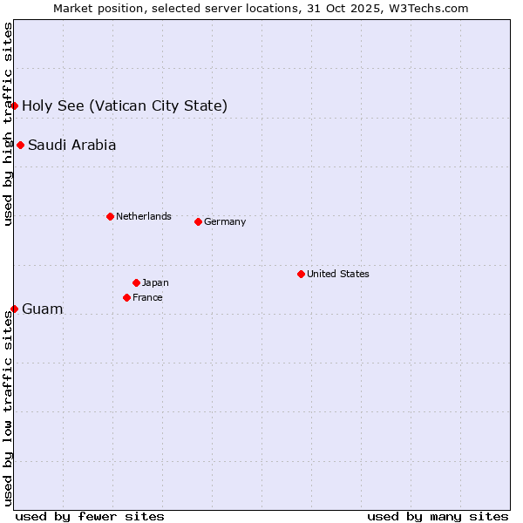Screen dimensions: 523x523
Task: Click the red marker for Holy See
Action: point(15,106)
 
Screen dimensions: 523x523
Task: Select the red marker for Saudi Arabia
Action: point(20,145)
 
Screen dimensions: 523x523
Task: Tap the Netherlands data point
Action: point(110,216)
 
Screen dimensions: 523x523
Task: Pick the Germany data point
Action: point(198,221)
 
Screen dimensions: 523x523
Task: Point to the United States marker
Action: point(301,274)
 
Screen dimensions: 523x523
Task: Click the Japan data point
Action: point(136,282)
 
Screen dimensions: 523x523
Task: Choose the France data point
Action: point(126,297)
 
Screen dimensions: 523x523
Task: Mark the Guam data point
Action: point(15,309)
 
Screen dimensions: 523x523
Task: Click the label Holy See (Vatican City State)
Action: point(125,106)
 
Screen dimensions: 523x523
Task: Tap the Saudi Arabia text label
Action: point(71,146)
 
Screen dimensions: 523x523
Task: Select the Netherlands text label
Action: point(143,216)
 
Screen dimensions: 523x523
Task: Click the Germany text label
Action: point(225,221)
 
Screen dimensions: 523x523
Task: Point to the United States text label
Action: point(337,274)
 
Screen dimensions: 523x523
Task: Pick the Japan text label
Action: point(155,282)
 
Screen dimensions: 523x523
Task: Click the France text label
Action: point(147,297)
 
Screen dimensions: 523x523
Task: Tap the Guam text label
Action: point(42,309)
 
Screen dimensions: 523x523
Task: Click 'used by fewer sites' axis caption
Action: point(90,516)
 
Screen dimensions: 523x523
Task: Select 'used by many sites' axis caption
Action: point(438,516)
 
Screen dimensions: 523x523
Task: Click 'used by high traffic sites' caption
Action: point(8,124)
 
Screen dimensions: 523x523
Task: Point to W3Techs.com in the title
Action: point(428,8)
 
